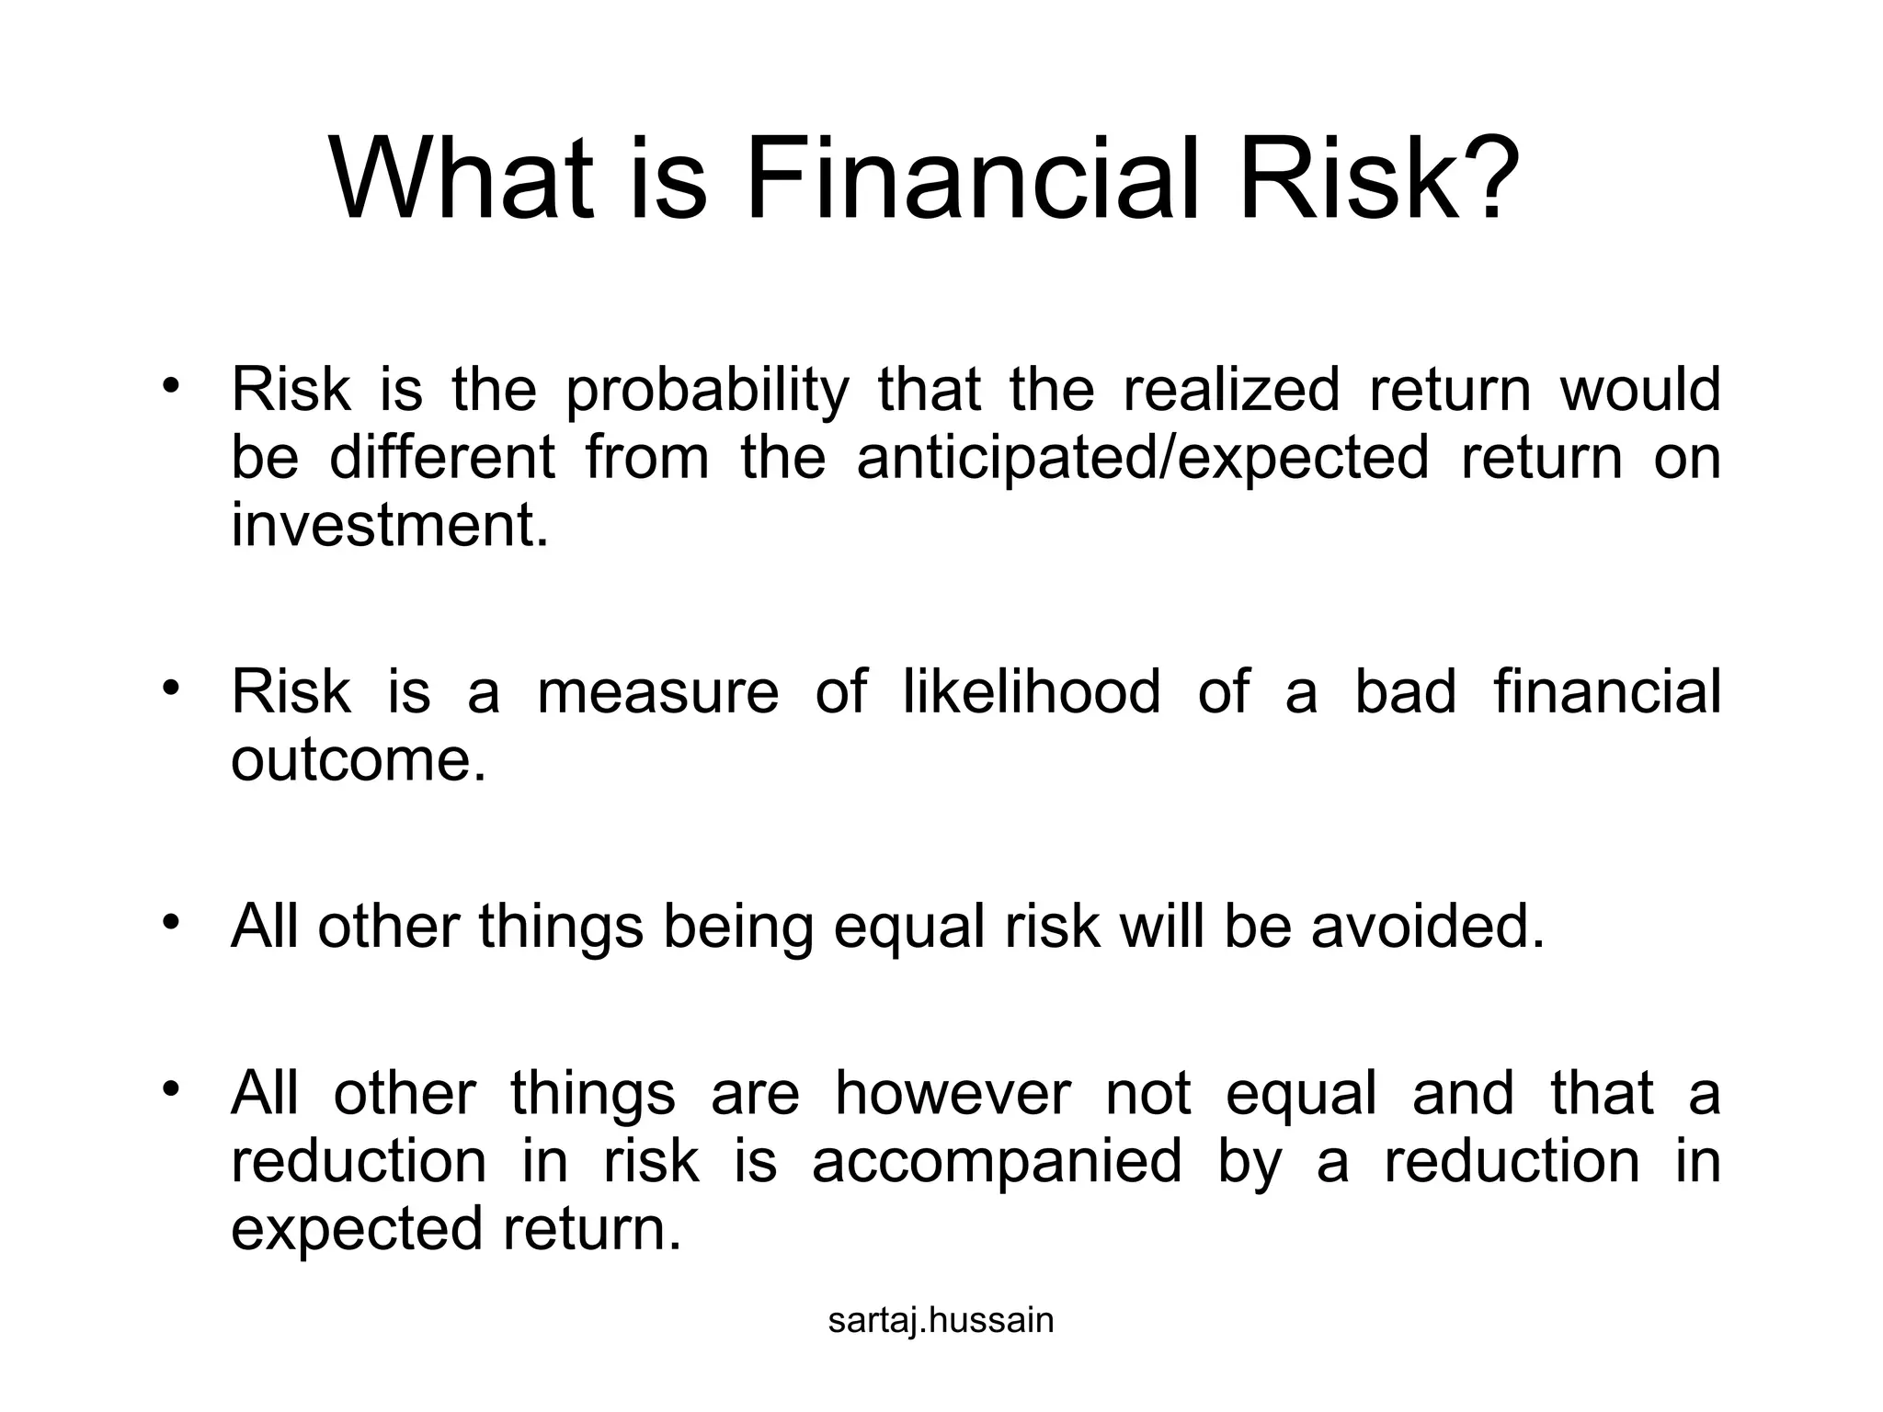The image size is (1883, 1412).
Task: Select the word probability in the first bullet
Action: pos(705,391)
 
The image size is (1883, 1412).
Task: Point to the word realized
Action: pos(1231,389)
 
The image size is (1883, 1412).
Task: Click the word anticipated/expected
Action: pos(1142,459)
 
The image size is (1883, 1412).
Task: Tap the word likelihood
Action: pos(1031,691)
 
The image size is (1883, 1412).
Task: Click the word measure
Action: pos(657,693)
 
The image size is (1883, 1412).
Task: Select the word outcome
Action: pos(357,760)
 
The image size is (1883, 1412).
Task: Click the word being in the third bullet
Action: pos(737,928)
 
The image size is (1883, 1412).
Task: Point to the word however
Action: pos(953,1094)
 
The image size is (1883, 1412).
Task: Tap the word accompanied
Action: pos(997,1162)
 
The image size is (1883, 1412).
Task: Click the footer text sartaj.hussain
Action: pos(941,1321)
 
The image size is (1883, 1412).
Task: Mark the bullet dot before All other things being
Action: pos(170,921)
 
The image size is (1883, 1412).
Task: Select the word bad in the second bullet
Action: pos(1405,691)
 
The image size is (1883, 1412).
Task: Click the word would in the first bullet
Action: pos(1639,389)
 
